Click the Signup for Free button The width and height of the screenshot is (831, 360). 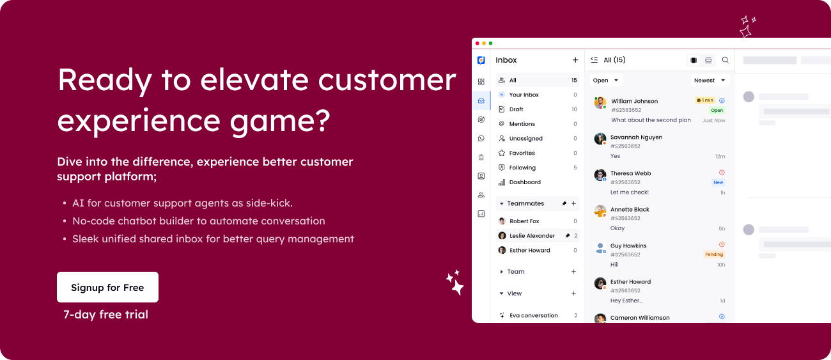pyautogui.click(x=107, y=287)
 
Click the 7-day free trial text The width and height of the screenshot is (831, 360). pyautogui.click(x=105, y=315)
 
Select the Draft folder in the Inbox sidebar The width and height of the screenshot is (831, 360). pyautogui.click(x=516, y=109)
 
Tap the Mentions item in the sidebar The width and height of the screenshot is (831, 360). pyautogui.click(x=522, y=124)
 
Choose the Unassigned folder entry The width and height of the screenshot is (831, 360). pyautogui.click(x=525, y=139)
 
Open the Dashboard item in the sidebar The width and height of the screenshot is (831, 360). pyautogui.click(x=525, y=182)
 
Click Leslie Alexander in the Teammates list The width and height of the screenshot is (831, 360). pyautogui.click(x=532, y=236)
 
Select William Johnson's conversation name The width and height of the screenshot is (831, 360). pyautogui.click(x=634, y=101)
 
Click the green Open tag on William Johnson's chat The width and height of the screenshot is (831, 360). pyautogui.click(x=717, y=111)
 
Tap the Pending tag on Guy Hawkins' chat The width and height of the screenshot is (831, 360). pyautogui.click(x=713, y=254)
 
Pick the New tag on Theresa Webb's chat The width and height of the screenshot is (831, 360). pyautogui.click(x=718, y=182)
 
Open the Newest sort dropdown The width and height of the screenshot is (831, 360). pyautogui.click(x=710, y=81)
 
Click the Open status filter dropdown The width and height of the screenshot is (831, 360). pyautogui.click(x=605, y=81)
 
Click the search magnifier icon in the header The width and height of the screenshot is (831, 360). pyautogui.click(x=725, y=60)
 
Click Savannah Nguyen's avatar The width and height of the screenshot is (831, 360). pyautogui.click(x=600, y=139)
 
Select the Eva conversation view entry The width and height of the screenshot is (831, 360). pyautogui.click(x=533, y=315)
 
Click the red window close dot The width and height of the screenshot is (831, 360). pyautogui.click(x=477, y=43)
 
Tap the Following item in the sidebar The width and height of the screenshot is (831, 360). pyautogui.click(x=522, y=168)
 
